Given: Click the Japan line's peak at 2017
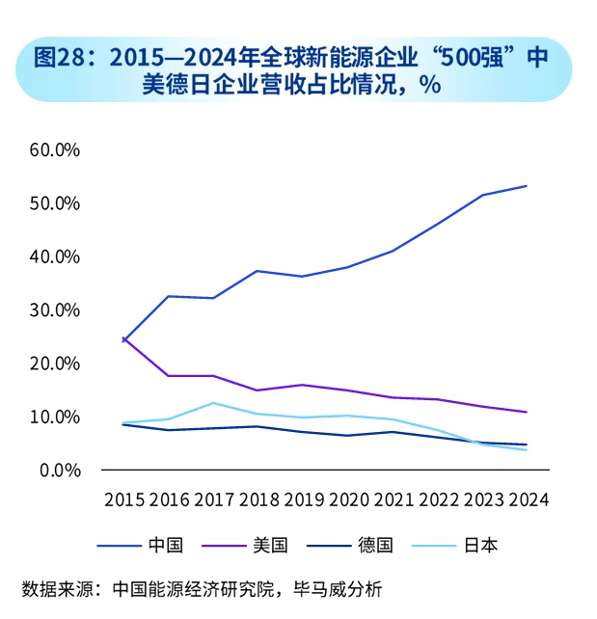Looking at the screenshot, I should coord(213,403).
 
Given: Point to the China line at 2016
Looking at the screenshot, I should coord(169,296).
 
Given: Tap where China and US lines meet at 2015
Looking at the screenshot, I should coord(123,339).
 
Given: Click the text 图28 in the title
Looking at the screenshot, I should coord(54,57).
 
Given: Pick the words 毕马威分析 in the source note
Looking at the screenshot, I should coord(349,587).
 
